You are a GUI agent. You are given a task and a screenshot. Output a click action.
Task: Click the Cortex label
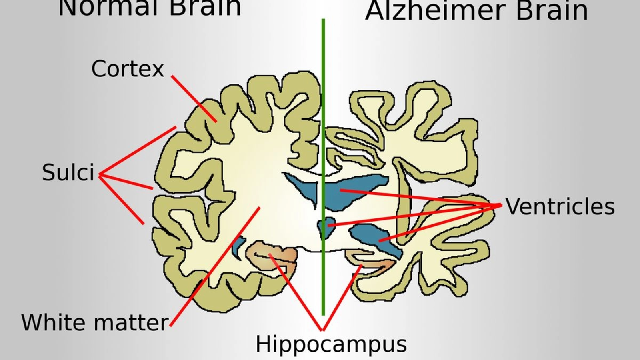coord(128,69)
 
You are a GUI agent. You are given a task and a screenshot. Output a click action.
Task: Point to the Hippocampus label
coord(331,344)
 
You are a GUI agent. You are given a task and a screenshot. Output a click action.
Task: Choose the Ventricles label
coord(560,206)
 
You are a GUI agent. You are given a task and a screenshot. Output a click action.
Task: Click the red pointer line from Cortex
coord(194,98)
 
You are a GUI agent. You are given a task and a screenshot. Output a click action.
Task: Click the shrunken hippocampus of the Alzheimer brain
coord(372,260)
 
